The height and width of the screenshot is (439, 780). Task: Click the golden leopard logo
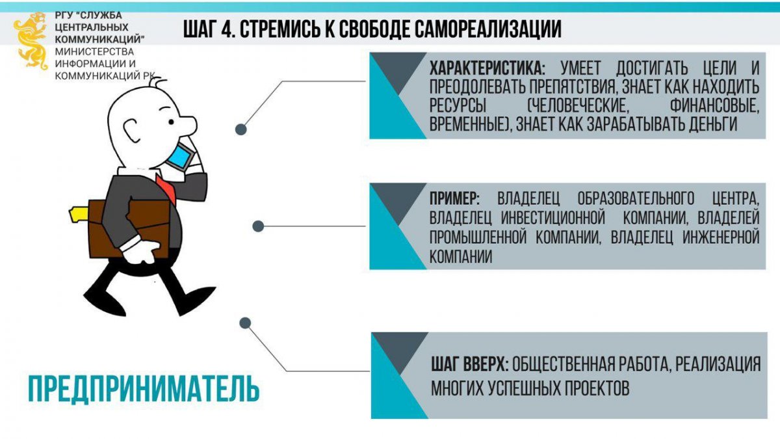31,41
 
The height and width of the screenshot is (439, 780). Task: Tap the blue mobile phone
179,157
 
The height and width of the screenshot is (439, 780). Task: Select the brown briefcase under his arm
129,229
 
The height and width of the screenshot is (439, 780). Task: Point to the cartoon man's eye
171,122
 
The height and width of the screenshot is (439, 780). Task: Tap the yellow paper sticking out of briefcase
79,214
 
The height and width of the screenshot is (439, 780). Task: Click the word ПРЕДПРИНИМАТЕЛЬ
144,389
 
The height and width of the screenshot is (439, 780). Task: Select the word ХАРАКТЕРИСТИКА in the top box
487,68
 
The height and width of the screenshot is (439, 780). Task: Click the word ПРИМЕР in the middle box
454,199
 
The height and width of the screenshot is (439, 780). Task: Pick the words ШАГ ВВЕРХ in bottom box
470,365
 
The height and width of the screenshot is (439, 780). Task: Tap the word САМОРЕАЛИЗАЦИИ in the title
487,29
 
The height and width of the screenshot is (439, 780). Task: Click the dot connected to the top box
241,129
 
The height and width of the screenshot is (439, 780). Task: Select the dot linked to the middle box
258,226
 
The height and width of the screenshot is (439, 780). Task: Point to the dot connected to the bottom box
245,323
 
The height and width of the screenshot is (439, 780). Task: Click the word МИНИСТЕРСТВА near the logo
94,51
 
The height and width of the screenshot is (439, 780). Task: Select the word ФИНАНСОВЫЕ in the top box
714,105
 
